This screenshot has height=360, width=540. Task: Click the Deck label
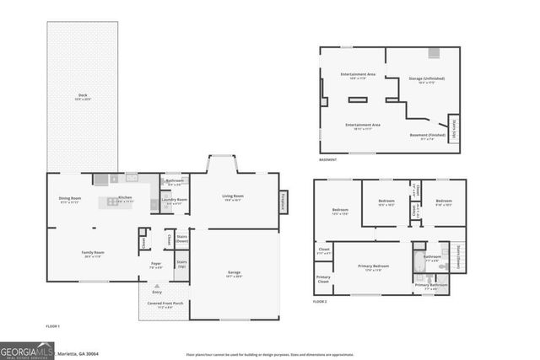[x=83, y=96]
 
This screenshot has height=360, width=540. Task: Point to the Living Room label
[x=233, y=197]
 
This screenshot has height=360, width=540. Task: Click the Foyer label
[x=156, y=265]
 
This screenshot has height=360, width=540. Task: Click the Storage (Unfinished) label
[x=426, y=80]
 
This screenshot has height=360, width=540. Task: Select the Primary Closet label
[x=323, y=279]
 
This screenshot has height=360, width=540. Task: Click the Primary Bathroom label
[x=431, y=287]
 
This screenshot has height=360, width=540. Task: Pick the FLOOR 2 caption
[x=321, y=301]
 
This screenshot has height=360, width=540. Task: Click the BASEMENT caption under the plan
[x=328, y=159]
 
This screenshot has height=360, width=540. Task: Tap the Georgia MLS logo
[x=28, y=349]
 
